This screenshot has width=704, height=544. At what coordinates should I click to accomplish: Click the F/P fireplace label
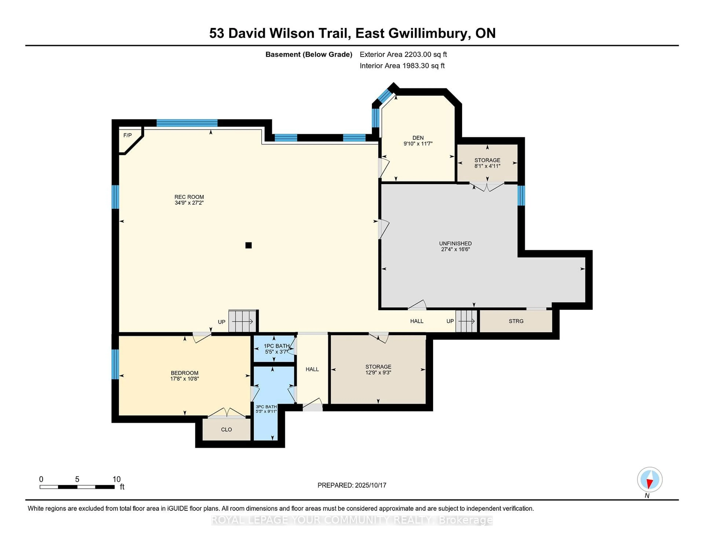[x=128, y=135]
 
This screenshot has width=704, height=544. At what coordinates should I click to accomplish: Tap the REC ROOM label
[x=189, y=197]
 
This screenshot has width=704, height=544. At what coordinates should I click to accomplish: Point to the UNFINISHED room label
[x=455, y=244]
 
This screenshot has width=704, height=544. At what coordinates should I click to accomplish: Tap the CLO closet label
[x=227, y=430]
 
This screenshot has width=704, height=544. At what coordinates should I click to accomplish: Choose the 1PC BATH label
[x=277, y=346]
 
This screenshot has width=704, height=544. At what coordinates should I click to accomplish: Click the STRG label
[x=516, y=321]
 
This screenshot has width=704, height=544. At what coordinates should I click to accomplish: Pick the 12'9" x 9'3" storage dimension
[x=378, y=373]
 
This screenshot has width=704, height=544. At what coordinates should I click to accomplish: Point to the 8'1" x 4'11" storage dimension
[x=487, y=166]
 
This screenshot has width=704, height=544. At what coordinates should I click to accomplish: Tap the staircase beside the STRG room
[x=466, y=321]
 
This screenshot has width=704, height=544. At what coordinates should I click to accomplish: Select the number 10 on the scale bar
[x=117, y=479]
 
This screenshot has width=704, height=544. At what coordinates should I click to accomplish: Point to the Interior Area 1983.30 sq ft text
[x=402, y=66]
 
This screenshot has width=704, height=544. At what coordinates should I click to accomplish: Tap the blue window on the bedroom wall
[x=115, y=364]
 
